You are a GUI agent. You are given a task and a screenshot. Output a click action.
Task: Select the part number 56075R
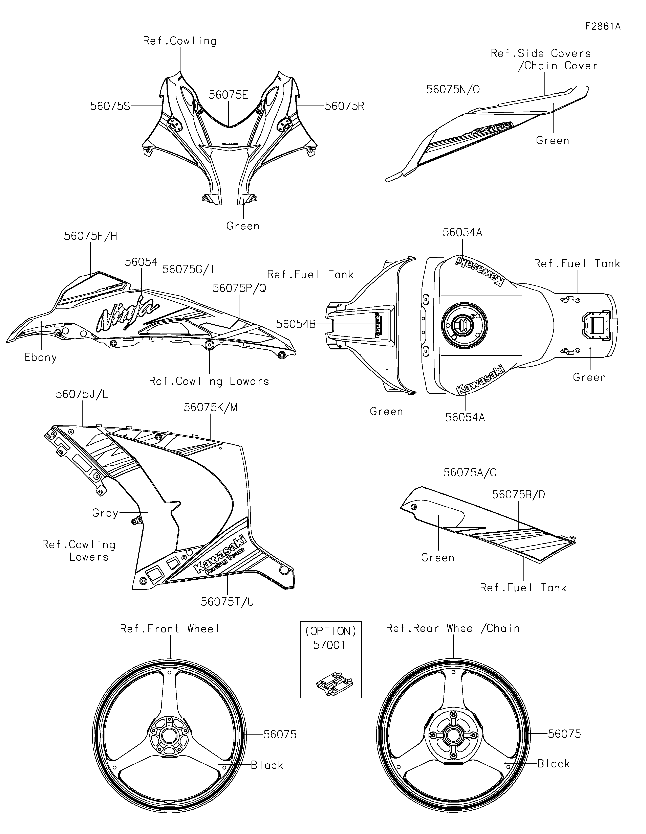pos(345,106)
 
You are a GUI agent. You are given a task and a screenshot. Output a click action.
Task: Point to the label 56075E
pos(229,95)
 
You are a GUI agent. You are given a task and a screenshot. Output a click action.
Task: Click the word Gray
pos(105,513)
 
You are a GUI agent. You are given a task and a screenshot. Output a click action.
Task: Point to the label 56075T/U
pos(227,602)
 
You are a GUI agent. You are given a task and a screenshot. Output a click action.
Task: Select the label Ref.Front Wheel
pos(170,629)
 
